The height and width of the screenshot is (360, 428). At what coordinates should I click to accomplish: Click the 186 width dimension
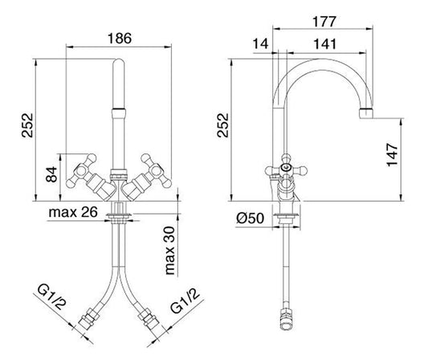pyautogui.click(x=120, y=39)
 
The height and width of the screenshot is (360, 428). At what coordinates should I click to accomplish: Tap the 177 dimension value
pyautogui.click(x=324, y=22)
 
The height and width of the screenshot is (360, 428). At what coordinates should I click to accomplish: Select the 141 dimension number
pyautogui.click(x=325, y=43)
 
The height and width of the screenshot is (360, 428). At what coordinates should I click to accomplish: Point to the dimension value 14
pyautogui.click(x=261, y=43)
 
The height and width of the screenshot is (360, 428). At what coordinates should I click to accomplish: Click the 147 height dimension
pyautogui.click(x=393, y=154)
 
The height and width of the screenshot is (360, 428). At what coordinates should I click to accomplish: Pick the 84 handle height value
pyautogui.click(x=51, y=174)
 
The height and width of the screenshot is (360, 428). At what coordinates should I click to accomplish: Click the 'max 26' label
pyautogui.click(x=73, y=212)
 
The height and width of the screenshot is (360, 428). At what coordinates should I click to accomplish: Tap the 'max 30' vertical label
pyautogui.click(x=169, y=251)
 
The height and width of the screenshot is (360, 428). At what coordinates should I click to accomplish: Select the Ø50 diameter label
pyautogui.click(x=250, y=219)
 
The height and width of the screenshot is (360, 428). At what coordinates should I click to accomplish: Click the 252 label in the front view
pyautogui.click(x=27, y=125)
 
